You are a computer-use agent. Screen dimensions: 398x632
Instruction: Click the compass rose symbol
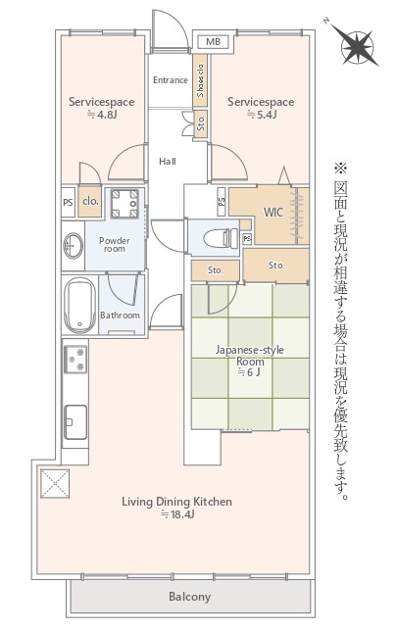356,46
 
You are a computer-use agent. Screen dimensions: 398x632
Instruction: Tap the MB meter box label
214,41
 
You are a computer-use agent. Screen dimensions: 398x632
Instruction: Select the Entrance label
171,79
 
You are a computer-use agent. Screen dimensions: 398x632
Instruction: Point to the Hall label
168,162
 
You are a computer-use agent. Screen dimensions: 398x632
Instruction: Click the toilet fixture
221,238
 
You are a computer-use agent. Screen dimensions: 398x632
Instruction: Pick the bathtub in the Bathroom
79,305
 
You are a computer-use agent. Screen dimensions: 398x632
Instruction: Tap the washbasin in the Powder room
73,246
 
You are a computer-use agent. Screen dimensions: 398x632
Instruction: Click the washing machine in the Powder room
124,204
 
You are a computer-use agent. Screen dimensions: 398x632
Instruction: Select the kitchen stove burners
75,360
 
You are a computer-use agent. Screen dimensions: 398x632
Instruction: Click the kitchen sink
75,422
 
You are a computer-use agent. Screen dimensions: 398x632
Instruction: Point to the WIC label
273,213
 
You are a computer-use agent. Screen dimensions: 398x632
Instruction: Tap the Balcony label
189,597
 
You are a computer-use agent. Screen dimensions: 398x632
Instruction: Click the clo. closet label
90,201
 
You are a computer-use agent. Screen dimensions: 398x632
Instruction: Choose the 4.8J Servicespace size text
102,115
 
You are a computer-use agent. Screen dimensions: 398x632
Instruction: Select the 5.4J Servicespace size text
262,115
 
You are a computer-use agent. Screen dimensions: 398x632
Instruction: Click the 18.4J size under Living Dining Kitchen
177,514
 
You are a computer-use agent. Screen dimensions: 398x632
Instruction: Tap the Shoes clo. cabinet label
200,80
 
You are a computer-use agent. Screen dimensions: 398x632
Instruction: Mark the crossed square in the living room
55,483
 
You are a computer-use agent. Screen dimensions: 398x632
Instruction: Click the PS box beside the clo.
69,202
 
